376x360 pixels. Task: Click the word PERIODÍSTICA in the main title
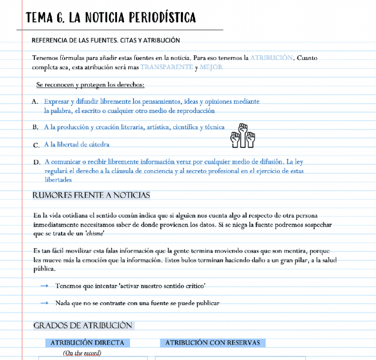coord(162,18)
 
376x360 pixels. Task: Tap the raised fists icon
coord(243,136)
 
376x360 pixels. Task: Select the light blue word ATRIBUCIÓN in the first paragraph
coord(271,58)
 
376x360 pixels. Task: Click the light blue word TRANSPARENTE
coord(167,67)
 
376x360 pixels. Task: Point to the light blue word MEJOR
coord(211,67)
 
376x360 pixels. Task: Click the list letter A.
coord(35,102)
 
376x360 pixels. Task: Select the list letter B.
coord(35,127)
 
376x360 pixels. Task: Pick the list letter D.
coord(36,162)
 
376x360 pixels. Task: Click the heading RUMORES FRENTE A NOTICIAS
coord(91,196)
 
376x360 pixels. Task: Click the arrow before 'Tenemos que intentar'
coord(44,286)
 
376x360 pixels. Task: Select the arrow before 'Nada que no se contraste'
coord(44,303)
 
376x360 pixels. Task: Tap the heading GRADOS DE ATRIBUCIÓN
coord(83,325)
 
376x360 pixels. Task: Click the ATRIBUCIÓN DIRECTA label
coord(87,343)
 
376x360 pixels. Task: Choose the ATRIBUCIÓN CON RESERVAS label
coord(212,343)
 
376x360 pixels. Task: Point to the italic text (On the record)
coord(82,353)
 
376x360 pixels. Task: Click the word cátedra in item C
coord(96,145)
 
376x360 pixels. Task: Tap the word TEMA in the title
coord(39,18)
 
